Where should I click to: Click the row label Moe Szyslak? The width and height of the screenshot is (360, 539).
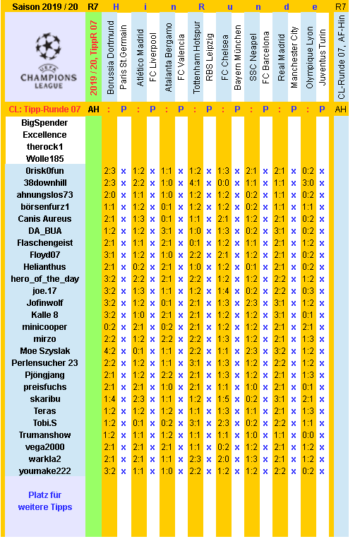tap(44, 350)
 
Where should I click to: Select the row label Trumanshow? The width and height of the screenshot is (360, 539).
tap(44, 434)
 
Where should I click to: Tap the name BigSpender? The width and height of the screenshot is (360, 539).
tap(44, 122)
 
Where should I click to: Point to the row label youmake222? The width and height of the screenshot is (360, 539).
tap(44, 470)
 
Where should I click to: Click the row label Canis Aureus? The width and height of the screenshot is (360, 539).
tap(44, 218)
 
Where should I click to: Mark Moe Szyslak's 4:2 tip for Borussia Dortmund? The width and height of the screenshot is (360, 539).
tap(110, 350)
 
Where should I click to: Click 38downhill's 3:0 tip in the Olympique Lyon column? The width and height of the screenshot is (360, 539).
tap(308, 182)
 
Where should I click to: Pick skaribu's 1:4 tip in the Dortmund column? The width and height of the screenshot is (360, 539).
tap(110, 398)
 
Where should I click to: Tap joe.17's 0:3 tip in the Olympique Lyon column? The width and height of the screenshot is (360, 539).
tap(308, 290)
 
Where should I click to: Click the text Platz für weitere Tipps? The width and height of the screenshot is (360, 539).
tap(44, 501)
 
